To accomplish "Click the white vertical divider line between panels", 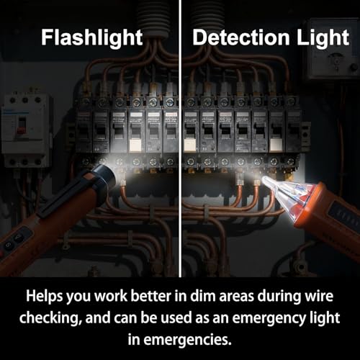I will (x=179, y=144).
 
